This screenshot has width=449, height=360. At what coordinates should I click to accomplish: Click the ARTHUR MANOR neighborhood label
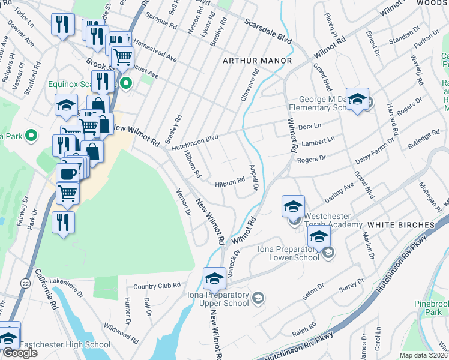(257, 61)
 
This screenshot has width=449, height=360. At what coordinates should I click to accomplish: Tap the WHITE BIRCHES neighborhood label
(400, 224)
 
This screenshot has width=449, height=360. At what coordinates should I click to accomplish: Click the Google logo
(20, 353)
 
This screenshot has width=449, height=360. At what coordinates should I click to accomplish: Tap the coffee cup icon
(68, 173)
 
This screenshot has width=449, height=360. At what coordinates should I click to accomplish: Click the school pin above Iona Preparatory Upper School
(214, 278)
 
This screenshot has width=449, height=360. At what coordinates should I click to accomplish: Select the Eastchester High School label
(65, 344)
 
